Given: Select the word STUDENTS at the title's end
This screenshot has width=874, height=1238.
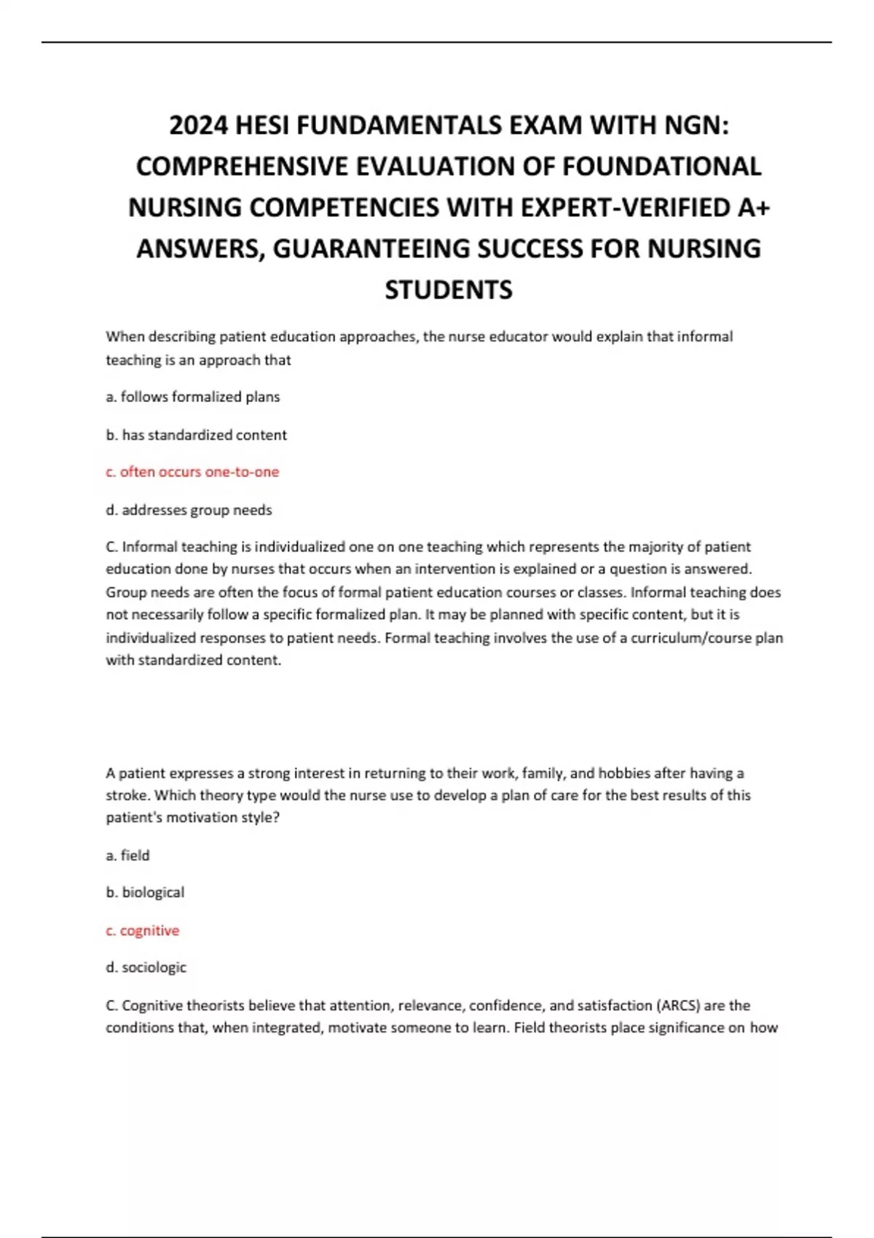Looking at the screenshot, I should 449,290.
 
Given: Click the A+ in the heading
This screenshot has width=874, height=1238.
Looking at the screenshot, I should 753,208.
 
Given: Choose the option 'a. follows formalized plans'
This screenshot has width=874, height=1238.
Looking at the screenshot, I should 193,397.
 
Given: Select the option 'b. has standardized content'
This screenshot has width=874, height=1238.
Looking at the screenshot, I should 197,435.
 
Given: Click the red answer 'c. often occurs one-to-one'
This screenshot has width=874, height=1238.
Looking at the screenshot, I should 192,472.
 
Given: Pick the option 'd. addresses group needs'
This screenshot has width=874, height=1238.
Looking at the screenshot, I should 189,510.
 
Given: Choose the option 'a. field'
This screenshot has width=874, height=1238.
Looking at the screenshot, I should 127,855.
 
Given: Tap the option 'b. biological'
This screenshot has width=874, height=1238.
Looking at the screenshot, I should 145,892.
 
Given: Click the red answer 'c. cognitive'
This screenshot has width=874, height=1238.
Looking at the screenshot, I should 142,930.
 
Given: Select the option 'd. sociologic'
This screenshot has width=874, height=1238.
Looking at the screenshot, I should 146,967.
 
